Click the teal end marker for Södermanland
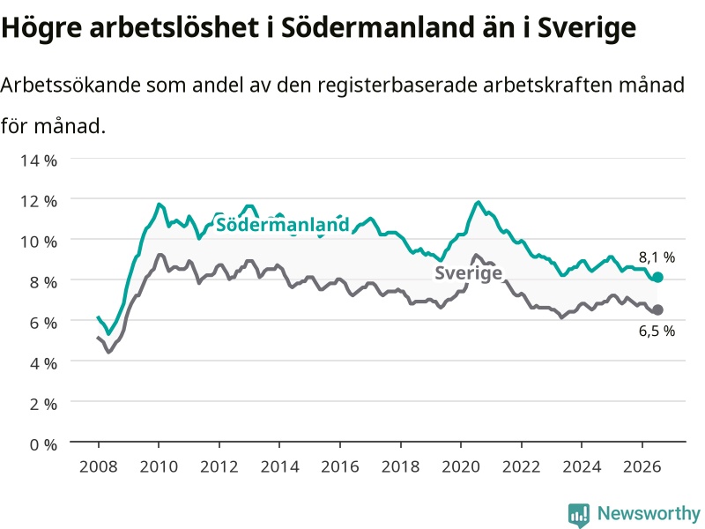tap(657, 277)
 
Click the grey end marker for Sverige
tap(657, 309)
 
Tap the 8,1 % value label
tap(657, 257)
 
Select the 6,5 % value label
tap(657, 332)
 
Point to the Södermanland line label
tap(282, 224)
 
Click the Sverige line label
tap(468, 272)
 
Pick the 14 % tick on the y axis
tap(39, 160)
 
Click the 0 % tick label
tap(43, 444)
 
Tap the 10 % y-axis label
tap(39, 242)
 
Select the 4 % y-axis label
tap(43, 363)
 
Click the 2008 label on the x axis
tap(98, 466)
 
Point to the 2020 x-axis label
tap(460, 466)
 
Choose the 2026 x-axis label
tap(642, 466)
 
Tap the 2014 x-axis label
tap(279, 466)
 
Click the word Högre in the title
tap(41, 27)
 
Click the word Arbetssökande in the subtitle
tap(70, 85)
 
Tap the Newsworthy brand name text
tap(649, 513)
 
